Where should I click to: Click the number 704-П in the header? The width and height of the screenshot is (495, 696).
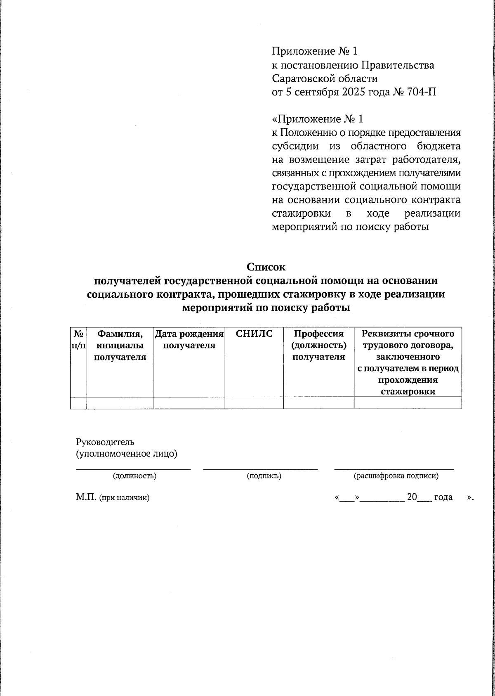coord(422,92)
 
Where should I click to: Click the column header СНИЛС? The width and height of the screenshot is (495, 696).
coord(254,334)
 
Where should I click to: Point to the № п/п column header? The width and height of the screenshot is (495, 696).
coord(78,339)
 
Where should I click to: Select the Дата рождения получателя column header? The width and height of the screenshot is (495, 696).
coord(189,339)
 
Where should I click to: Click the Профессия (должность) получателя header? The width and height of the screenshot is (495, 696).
coord(318,345)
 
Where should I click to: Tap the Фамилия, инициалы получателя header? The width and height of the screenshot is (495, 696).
coord(120,345)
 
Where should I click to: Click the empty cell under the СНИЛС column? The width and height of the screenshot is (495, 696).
coord(254,403)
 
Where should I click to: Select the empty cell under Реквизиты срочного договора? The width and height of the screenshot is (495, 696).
coord(408,403)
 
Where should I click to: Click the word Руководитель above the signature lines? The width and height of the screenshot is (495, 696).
coord(105,442)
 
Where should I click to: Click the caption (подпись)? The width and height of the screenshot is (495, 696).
coord(264,476)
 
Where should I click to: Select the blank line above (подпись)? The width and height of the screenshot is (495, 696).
coord(260,468)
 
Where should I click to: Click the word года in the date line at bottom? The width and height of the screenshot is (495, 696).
coord(443,497)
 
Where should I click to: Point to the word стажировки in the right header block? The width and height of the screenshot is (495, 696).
coord(302,213)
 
